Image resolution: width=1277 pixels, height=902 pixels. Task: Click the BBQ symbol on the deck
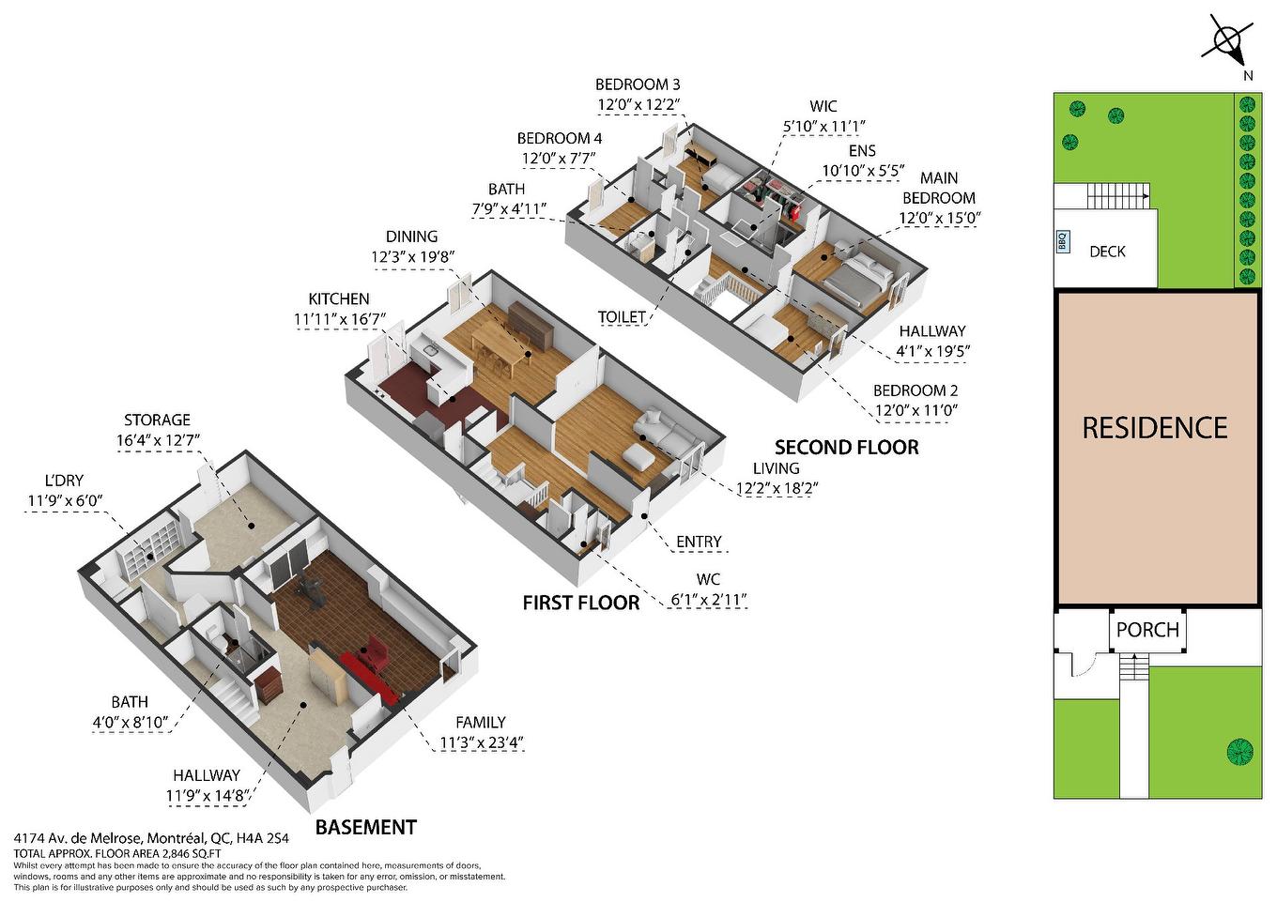pyautogui.click(x=1063, y=241)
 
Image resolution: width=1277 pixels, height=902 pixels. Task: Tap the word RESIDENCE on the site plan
pyautogui.click(x=1154, y=428)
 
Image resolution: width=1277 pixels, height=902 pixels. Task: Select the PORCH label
pyautogui.click(x=1147, y=630)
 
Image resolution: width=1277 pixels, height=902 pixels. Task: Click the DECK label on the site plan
pyautogui.click(x=1107, y=252)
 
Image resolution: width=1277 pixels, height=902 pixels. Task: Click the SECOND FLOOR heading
pyautogui.click(x=846, y=448)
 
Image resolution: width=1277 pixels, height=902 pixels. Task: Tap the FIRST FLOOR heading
pyautogui.click(x=580, y=603)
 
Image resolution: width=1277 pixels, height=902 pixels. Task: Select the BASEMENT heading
pyautogui.click(x=365, y=827)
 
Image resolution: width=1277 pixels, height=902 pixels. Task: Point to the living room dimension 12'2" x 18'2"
pyautogui.click(x=776, y=487)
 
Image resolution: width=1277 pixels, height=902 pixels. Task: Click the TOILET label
pyautogui.click(x=622, y=317)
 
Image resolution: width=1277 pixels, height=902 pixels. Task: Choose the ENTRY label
pyautogui.click(x=699, y=542)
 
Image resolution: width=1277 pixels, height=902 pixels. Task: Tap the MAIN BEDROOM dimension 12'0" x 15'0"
pyautogui.click(x=939, y=219)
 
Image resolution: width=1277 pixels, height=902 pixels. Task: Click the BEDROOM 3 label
pyautogui.click(x=638, y=84)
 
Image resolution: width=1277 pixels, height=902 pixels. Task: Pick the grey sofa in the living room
pyautogui.click(x=664, y=433)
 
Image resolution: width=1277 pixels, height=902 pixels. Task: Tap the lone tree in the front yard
pyautogui.click(x=1239, y=751)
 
